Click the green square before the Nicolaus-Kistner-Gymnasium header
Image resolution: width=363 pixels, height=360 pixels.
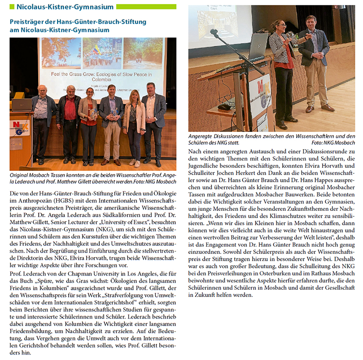tap(12, 7)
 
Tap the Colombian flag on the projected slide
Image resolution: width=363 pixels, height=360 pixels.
tap(96, 49)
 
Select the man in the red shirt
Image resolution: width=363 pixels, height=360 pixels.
tap(69, 118)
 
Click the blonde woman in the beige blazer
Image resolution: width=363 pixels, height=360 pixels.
tap(134, 122)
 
